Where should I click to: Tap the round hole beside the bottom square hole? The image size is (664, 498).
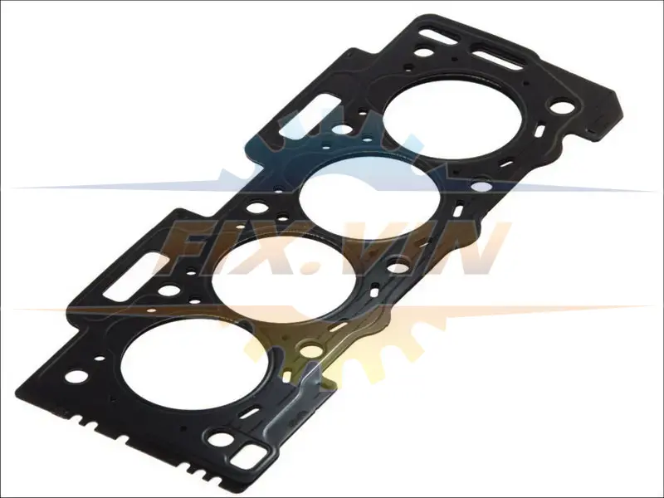coord(221,439)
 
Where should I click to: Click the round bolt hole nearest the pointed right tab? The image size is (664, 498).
coord(562,107)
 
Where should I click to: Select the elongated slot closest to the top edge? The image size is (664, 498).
coord(439,35)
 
